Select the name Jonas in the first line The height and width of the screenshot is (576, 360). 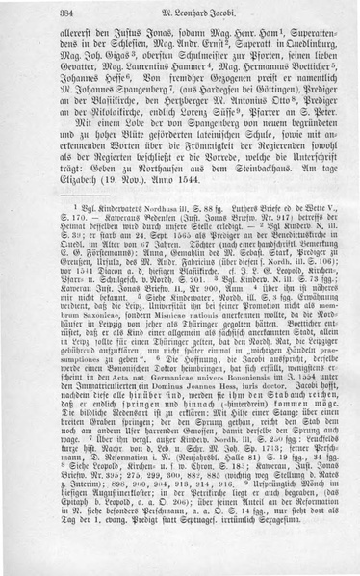tap(157, 32)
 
